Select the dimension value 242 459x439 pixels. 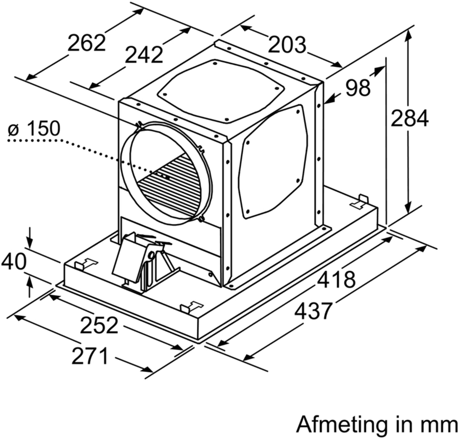tap(144, 55)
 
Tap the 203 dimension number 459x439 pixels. tap(287, 45)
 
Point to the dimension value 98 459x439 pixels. tap(357, 88)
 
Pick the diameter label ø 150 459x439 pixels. tap(34, 130)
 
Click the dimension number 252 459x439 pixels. tap(99, 325)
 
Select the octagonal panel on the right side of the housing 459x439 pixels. tap(273, 162)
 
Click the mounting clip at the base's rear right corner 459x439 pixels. tap(360, 201)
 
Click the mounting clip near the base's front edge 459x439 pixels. tap(192, 306)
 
